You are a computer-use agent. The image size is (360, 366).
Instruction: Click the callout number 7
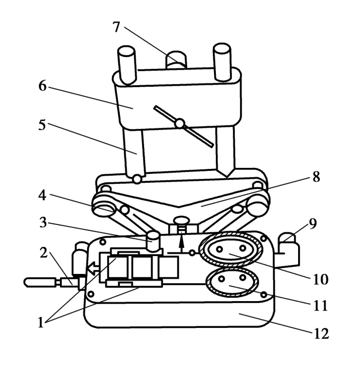116,27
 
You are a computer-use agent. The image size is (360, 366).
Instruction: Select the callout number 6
43,86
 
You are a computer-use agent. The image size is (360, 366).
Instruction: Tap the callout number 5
42,125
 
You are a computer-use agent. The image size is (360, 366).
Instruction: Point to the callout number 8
316,177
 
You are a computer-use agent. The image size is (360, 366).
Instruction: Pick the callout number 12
321,333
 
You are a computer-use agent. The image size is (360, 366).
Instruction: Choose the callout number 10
320,279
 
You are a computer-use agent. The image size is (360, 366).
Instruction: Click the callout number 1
41,323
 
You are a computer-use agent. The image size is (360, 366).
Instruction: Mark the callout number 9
312,223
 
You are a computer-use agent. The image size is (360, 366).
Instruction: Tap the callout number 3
43,222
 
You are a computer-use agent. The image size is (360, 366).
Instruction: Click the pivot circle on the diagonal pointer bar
180,124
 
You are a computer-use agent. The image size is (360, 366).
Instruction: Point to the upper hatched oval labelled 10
231,249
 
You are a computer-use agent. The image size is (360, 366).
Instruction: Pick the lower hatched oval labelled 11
232,282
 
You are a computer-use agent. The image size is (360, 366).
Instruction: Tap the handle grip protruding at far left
40,282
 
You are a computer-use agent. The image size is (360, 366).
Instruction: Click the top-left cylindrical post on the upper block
126,65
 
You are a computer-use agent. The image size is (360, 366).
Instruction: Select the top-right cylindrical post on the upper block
222,62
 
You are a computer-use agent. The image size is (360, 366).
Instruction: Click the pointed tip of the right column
227,177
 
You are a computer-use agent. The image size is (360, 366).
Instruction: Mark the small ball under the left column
137,179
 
